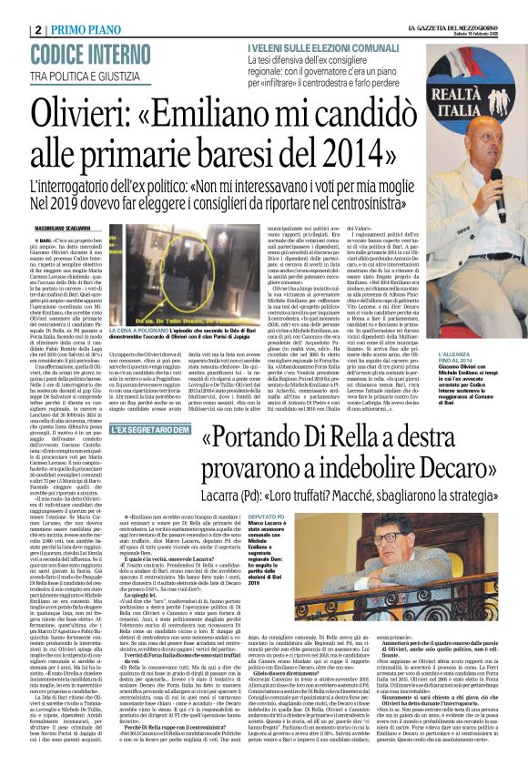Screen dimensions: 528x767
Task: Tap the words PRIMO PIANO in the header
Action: pos(86,29)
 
